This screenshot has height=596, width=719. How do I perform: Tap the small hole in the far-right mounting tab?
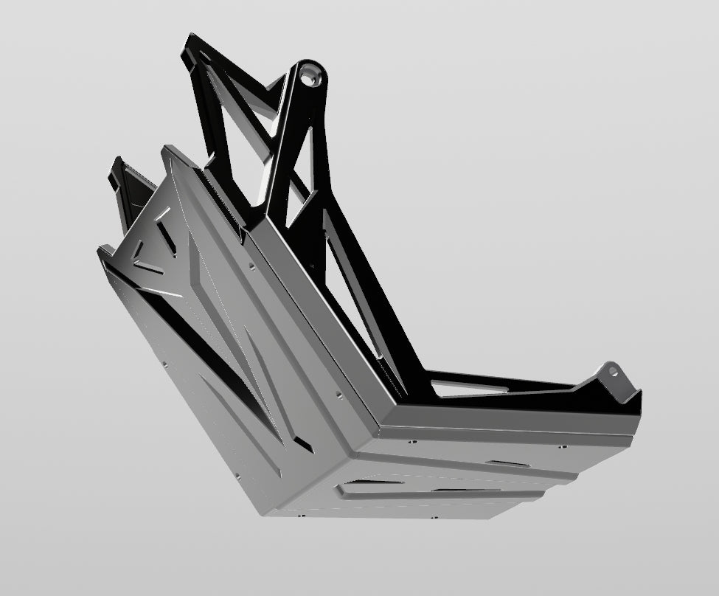pos(611,370)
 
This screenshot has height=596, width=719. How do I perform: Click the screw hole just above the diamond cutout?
pos(339,396)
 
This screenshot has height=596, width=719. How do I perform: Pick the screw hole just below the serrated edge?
pos(252,263)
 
